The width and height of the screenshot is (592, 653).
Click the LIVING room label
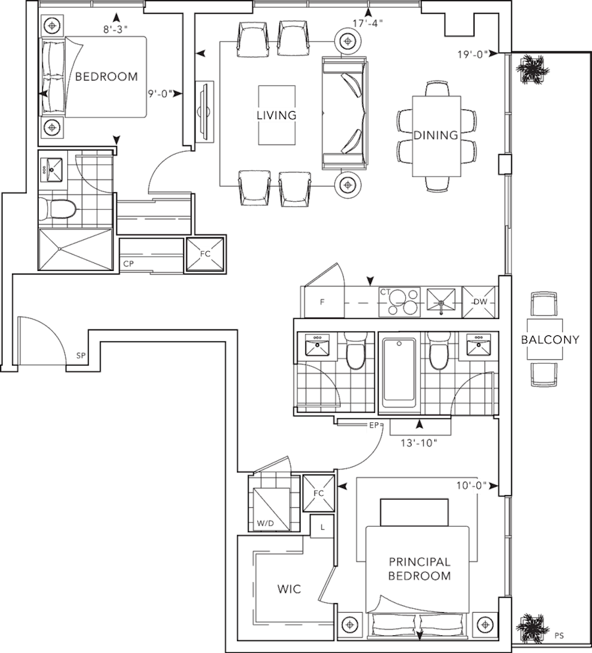coord(276,115)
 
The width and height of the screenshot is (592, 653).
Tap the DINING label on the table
coord(435,135)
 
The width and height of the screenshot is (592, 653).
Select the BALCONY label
coord(550,339)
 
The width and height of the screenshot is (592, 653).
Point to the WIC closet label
coord(289,589)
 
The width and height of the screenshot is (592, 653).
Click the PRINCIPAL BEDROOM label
coord(420,569)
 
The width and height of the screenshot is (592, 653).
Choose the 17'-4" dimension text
coord(368,23)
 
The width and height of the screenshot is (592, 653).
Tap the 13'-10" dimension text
coord(419,443)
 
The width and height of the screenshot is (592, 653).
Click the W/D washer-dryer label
coord(265,523)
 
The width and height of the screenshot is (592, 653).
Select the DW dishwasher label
coord(480,302)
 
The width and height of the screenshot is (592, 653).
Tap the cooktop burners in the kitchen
coord(399,302)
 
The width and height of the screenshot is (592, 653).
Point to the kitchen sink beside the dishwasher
coord(441,302)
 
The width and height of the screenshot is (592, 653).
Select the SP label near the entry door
coord(81,356)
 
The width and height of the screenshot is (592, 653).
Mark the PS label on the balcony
coord(559,635)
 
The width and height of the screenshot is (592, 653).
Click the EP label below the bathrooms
coord(374,425)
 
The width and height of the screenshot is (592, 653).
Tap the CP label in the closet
coord(128,264)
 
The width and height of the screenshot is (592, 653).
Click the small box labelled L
coord(322,527)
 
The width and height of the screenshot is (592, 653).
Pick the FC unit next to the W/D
coord(319,493)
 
